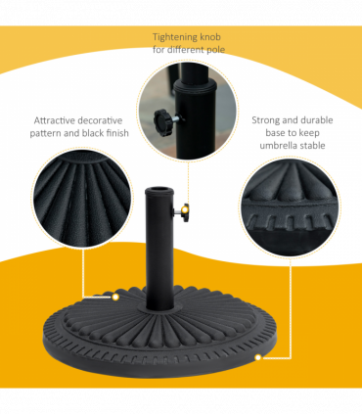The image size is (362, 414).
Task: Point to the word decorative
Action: pyautogui.click(x=102, y=122)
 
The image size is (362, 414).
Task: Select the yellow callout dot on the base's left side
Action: pyautogui.click(x=114, y=295)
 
